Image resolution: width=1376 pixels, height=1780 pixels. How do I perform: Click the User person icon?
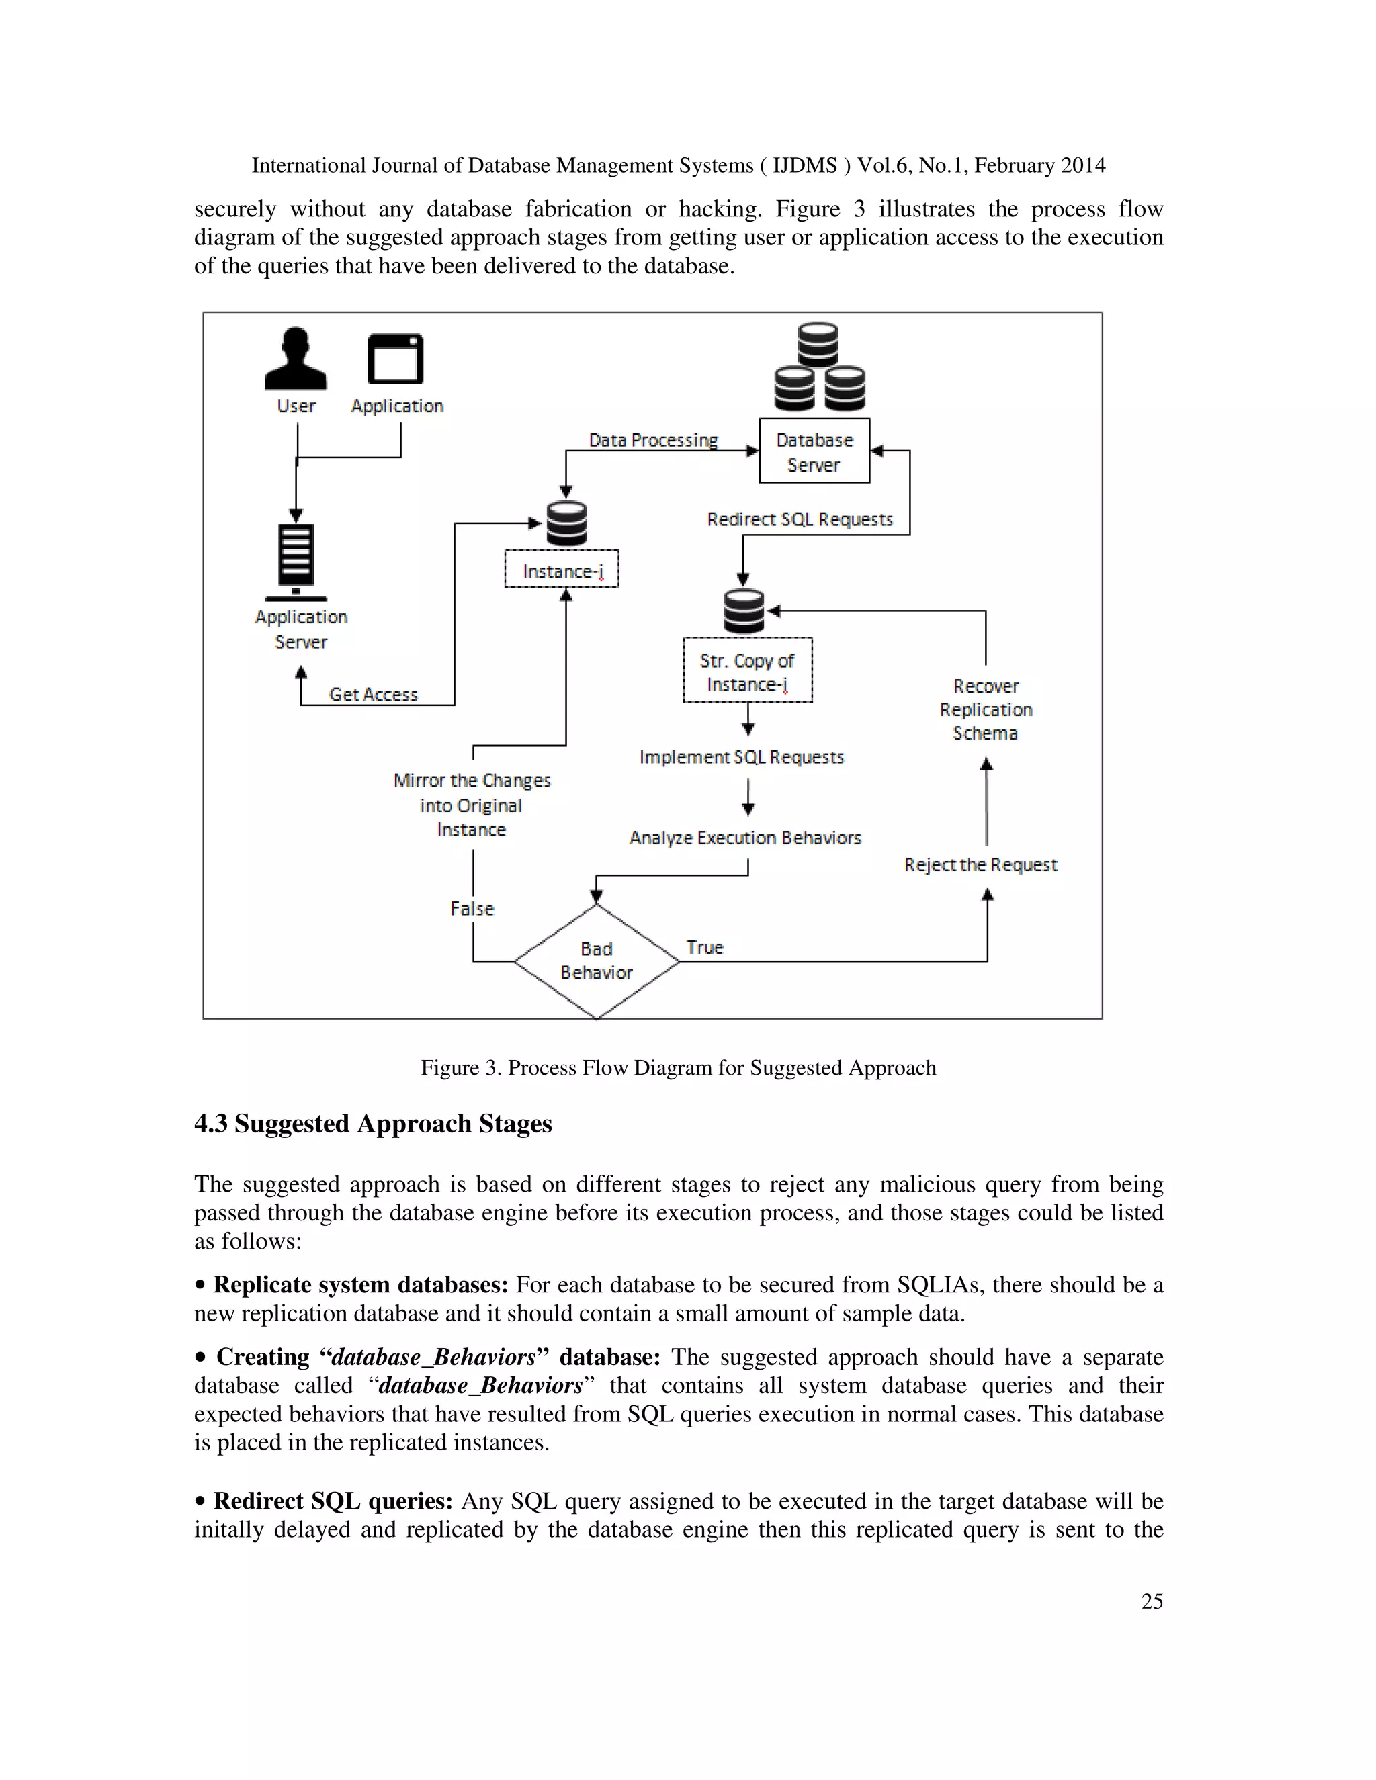[x=295, y=359]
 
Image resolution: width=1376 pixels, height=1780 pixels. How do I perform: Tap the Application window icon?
[x=395, y=359]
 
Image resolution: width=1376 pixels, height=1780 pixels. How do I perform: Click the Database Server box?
[x=814, y=451]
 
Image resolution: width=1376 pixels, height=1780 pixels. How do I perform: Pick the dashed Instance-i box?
[x=562, y=569]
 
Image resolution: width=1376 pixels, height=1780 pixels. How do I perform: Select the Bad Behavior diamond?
[x=597, y=961]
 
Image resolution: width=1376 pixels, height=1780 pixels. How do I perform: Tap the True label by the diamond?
[x=704, y=947]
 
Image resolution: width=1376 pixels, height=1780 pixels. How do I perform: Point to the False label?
[x=472, y=908]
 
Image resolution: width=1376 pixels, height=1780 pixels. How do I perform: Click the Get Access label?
[x=374, y=695]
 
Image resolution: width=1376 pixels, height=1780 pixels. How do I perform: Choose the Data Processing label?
[x=653, y=440]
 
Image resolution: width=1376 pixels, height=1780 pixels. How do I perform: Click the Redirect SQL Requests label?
[x=800, y=519]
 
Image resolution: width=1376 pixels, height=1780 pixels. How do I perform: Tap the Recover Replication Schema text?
[x=986, y=709]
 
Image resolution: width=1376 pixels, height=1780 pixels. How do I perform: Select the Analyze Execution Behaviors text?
[x=745, y=838]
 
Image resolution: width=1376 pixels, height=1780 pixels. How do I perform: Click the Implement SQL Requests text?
[x=742, y=757]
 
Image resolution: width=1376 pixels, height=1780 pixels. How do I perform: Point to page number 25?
[x=1152, y=1601]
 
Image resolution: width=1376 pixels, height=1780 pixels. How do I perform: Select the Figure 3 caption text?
[x=678, y=1068]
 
